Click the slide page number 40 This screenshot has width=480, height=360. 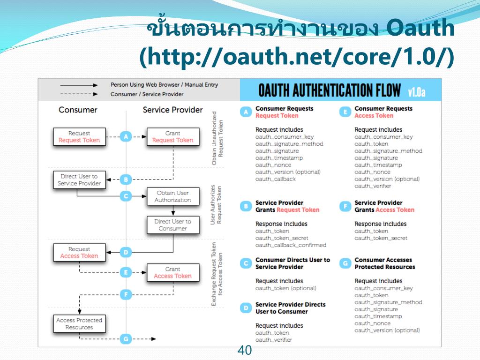point(245,350)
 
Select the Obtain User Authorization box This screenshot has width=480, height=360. point(172,196)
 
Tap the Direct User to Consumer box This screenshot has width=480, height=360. point(172,225)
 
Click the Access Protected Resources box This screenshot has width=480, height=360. point(79,323)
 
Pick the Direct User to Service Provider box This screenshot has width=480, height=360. point(79,180)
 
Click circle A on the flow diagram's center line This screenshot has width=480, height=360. point(125,136)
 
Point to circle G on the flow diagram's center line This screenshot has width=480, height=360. point(125,338)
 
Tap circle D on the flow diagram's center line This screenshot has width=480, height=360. point(125,253)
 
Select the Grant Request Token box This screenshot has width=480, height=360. point(172,136)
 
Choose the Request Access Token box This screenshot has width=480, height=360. point(79,253)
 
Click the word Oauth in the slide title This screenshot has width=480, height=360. point(421,29)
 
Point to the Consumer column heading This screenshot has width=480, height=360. point(78,110)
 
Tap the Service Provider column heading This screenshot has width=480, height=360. point(172,110)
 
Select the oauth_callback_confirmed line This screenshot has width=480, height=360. point(291,245)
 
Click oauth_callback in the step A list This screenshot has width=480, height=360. point(276,179)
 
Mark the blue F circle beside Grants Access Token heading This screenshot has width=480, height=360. point(345,206)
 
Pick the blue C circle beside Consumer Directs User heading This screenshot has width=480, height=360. point(246,263)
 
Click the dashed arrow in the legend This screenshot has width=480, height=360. point(78,94)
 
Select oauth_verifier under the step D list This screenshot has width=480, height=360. point(274,340)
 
